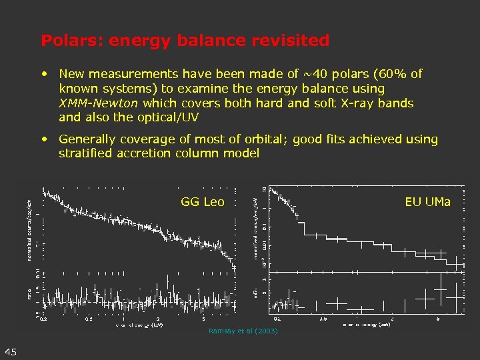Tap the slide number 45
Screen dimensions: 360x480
click(11, 352)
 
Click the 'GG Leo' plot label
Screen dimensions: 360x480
click(203, 202)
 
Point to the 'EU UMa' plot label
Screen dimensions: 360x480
click(427, 202)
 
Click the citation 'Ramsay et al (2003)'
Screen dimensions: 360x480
click(243, 331)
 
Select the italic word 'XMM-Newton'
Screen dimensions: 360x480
click(98, 103)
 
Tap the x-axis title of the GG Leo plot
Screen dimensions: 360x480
click(139, 325)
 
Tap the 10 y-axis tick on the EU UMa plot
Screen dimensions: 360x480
click(264, 190)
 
